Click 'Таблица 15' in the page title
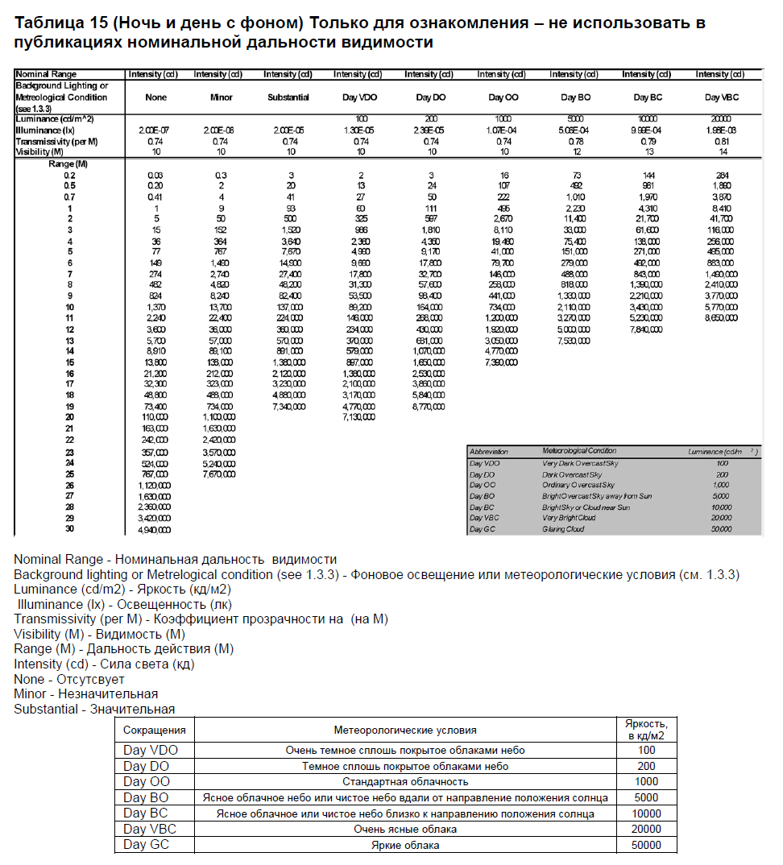pos(55,23)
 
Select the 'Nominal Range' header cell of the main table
pos(46,75)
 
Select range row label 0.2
pos(70,176)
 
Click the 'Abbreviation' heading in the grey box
pos(490,452)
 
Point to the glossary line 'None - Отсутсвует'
pos(69,679)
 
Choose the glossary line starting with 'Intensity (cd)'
pos(104,664)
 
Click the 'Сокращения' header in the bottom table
pos(155,730)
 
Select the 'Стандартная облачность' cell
pos(405,781)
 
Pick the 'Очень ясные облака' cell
pos(405,829)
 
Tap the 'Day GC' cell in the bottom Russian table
pos(147,845)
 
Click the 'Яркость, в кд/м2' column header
pos(646,729)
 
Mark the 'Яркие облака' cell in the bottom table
pos(405,845)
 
